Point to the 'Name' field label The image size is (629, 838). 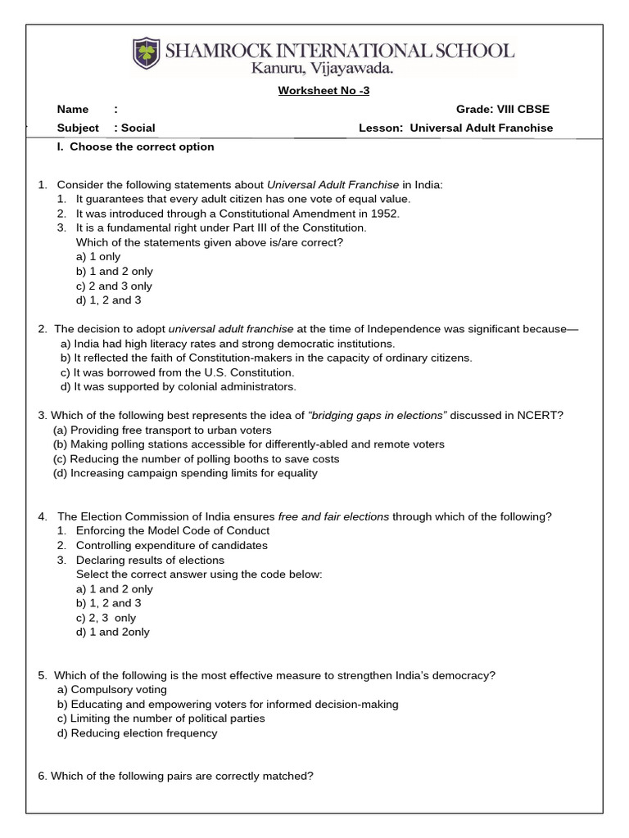coord(71,110)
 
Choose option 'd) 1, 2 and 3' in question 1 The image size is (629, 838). coord(109,300)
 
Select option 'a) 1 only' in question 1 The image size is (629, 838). coord(98,257)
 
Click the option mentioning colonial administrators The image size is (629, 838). coord(179,387)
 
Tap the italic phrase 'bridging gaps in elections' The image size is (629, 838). coord(378,415)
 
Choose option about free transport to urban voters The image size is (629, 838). coord(162,430)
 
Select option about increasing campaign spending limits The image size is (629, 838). coord(185,473)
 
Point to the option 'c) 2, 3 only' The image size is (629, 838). coord(106,618)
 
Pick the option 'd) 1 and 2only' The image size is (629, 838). coord(113,632)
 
